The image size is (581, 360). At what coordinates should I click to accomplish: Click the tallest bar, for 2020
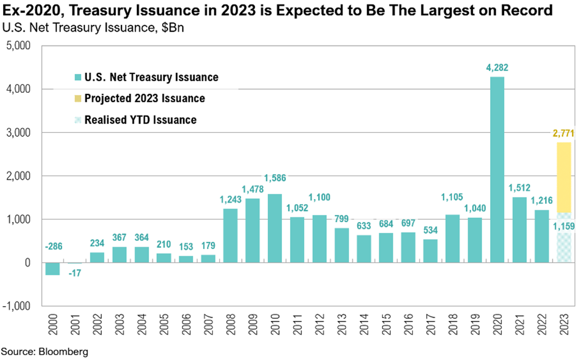point(497,169)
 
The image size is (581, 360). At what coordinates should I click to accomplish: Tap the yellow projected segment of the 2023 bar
point(564,177)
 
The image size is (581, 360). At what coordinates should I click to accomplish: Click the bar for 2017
point(430,251)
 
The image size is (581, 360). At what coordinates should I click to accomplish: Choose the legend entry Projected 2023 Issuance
point(144,99)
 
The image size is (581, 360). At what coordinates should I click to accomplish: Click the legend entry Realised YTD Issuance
point(140,120)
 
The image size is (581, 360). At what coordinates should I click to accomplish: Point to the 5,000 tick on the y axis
point(22,46)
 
